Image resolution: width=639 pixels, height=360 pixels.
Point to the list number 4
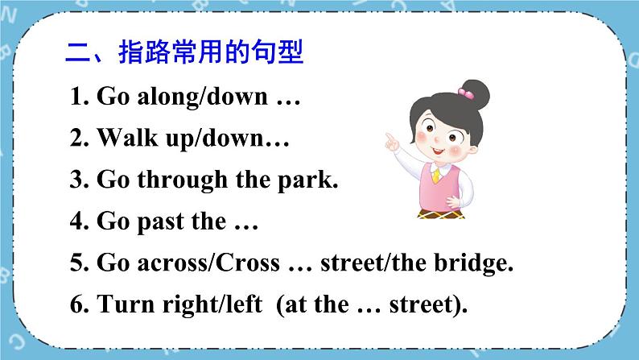(x=78, y=221)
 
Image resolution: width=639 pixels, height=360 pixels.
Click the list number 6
(x=78, y=305)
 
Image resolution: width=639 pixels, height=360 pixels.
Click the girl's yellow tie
(x=436, y=176)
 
